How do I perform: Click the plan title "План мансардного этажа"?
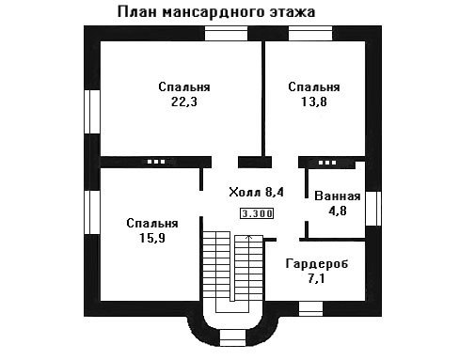pyautogui.click(x=216, y=13)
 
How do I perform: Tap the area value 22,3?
pyautogui.click(x=184, y=102)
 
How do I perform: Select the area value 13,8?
pyautogui.click(x=314, y=102)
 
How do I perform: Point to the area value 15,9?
pyautogui.click(x=152, y=238)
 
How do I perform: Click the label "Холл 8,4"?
pyautogui.click(x=256, y=192)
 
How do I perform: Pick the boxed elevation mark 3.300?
pyautogui.click(x=257, y=213)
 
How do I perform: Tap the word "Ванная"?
pyautogui.click(x=338, y=196)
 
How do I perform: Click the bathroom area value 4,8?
pyautogui.click(x=338, y=211)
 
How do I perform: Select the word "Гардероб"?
pyautogui.click(x=317, y=264)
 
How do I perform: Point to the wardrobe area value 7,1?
pyautogui.click(x=316, y=278)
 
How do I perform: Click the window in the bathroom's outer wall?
pyautogui.click(x=373, y=209)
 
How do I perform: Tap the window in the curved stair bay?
pyautogui.click(x=232, y=338)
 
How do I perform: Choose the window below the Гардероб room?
pyautogui.click(x=310, y=309)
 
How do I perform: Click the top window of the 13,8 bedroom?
pyautogui.click(x=310, y=34)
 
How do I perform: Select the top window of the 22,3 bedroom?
pyautogui.click(x=226, y=34)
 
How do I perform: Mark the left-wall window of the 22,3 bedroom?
pyautogui.click(x=92, y=112)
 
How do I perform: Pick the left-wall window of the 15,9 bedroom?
pyautogui.click(x=92, y=212)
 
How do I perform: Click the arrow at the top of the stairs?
pyautogui.click(x=249, y=237)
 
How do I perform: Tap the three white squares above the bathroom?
pyautogui.click(x=327, y=163)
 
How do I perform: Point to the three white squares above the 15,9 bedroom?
pyautogui.click(x=156, y=162)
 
